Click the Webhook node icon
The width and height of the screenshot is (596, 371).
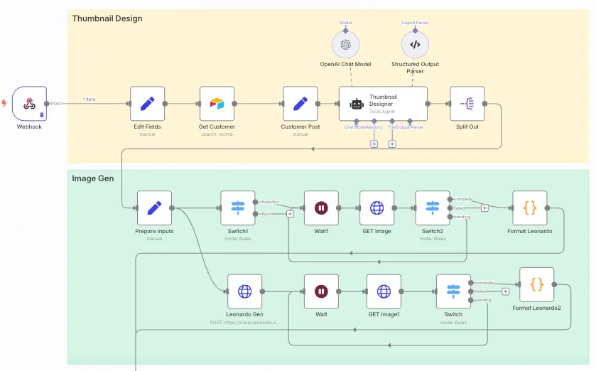[29, 104]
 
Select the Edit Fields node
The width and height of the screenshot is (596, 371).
[147, 104]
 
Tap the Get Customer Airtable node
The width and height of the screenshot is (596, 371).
[217, 104]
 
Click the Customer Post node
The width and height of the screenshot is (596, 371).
[300, 104]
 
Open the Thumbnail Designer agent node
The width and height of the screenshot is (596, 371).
[383, 104]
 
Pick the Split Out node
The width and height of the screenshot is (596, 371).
[467, 104]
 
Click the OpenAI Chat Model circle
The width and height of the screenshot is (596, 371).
[345, 45]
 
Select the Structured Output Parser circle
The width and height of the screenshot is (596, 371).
[415, 45]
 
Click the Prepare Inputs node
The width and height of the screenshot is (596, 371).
[154, 208]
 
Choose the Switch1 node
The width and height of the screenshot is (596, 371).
[237, 208]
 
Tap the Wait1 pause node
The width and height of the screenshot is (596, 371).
[321, 208]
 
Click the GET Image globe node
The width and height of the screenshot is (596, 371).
[376, 208]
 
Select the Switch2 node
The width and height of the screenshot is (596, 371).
[432, 208]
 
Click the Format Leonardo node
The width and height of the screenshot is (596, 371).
[529, 208]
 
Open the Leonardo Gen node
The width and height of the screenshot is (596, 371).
[244, 291]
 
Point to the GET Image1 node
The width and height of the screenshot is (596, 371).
[384, 291]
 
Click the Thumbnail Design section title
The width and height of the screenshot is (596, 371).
[107, 18]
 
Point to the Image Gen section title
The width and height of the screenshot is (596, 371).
[92, 178]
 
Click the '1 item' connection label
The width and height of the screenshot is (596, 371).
[90, 99]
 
